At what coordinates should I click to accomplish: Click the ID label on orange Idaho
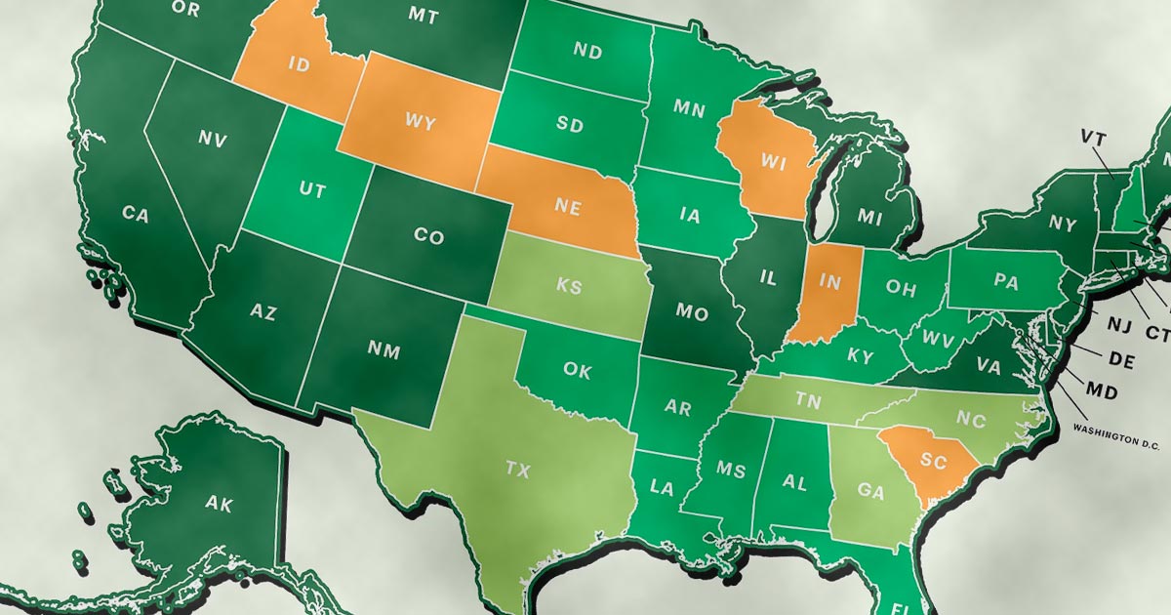[x=301, y=65]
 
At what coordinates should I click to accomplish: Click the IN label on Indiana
[x=830, y=281]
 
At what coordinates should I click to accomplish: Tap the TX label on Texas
[x=517, y=470]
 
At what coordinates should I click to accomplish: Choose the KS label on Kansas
[x=568, y=287]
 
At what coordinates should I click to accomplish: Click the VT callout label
[x=1091, y=135]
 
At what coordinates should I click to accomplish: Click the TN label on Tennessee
[x=806, y=399]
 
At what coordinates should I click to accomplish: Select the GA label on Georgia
[x=870, y=492]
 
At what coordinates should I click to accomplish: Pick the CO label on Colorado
[x=428, y=237]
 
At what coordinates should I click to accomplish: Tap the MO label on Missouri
[x=692, y=312]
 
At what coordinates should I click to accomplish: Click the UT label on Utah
[x=311, y=191]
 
